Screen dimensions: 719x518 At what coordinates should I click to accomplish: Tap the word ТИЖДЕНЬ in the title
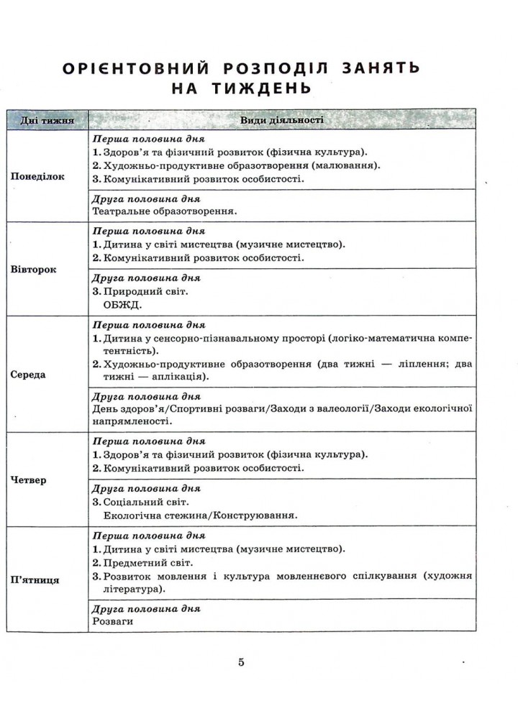(x=262, y=90)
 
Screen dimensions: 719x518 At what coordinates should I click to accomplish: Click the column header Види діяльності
(x=281, y=120)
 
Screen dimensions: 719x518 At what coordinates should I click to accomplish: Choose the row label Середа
(x=29, y=375)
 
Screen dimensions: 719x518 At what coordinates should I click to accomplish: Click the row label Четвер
(x=29, y=480)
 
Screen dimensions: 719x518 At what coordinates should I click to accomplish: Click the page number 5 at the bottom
(x=242, y=662)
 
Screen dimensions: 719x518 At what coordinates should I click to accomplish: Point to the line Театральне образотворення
(x=165, y=211)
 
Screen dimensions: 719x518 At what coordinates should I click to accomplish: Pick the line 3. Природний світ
(x=140, y=291)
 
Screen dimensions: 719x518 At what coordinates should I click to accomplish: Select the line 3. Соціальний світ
(x=142, y=502)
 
